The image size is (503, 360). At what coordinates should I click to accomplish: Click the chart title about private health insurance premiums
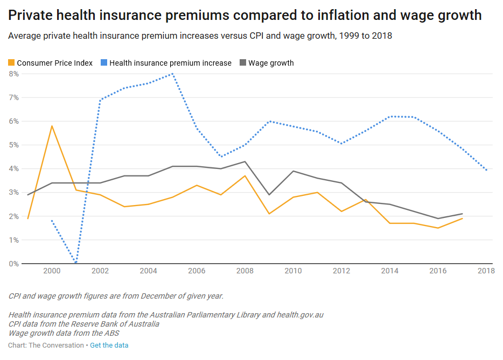coord(244,16)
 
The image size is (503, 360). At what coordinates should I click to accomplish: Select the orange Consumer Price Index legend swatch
coord(11,63)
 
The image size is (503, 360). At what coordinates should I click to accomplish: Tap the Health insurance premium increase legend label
coord(170,63)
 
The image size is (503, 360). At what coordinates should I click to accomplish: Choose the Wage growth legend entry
coord(271,63)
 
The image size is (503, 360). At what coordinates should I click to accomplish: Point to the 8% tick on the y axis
coord(13,74)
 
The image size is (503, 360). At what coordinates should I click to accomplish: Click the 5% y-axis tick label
coord(13,145)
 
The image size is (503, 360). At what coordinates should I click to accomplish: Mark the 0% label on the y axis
coord(13,264)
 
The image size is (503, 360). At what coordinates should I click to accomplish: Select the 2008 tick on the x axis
coord(245,271)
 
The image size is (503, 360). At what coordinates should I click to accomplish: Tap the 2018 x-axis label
coord(486,271)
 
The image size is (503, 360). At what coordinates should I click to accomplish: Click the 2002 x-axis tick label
coord(100,271)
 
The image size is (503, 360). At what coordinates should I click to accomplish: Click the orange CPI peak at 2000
coord(52,126)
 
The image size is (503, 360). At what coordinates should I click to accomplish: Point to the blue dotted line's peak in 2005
coord(172,74)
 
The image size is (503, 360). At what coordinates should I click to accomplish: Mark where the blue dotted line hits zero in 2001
coord(76,263)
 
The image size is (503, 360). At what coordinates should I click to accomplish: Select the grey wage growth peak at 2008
coord(245,161)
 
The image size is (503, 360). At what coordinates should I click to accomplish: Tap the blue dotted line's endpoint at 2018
coord(486,170)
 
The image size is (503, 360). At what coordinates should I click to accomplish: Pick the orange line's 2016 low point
coord(438,228)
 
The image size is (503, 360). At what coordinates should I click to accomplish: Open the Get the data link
coord(109,345)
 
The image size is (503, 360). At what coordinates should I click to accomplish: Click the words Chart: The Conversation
coord(46,345)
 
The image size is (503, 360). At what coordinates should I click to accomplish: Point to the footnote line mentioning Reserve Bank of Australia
coord(84,324)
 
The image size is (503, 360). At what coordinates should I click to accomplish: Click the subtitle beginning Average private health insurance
coord(200,37)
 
